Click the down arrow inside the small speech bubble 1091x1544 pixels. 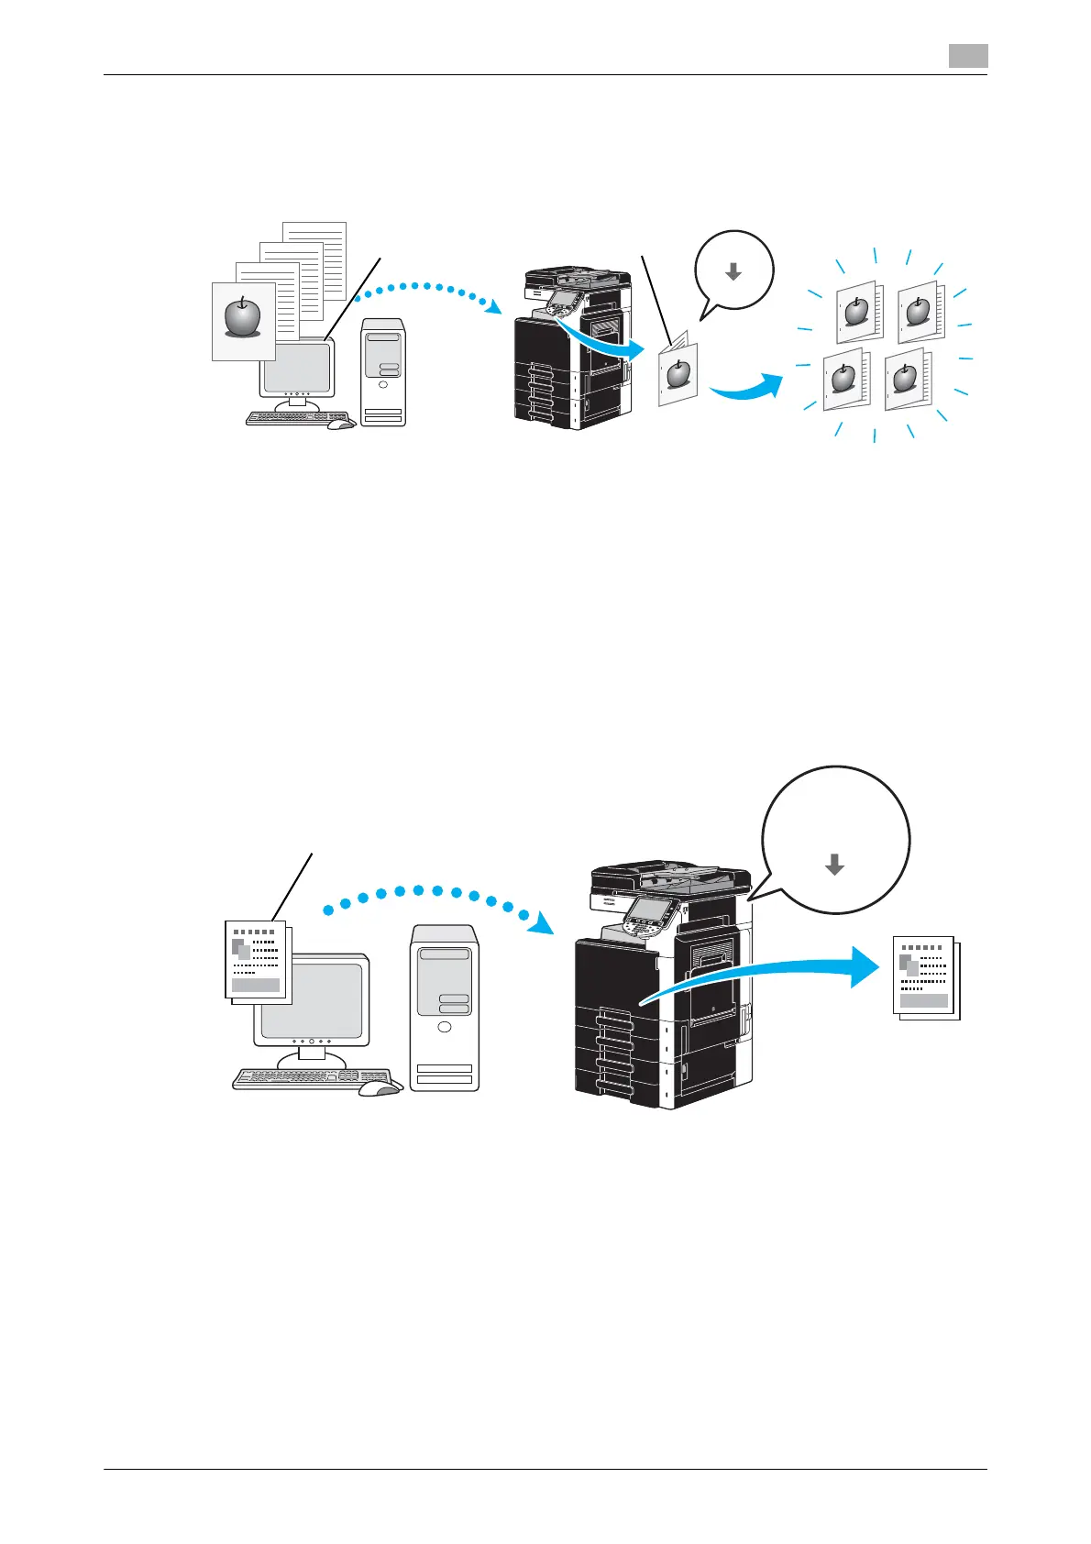pos(733,271)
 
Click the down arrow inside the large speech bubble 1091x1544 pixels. pos(834,864)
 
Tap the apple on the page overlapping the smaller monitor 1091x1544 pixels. pos(243,315)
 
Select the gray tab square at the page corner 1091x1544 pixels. pos(967,56)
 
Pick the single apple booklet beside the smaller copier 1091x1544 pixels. pos(678,374)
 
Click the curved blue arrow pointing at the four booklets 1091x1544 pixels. pos(747,389)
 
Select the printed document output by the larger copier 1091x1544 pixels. pos(925,977)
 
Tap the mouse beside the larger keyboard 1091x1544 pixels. pos(379,1087)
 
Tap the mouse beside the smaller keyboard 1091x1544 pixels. pos(340,423)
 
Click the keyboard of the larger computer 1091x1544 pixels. pos(312,1078)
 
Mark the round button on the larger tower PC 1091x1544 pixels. pos(445,1027)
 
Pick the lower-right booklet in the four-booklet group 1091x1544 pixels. pos(906,380)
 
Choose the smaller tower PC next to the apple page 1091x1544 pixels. pos(383,371)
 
